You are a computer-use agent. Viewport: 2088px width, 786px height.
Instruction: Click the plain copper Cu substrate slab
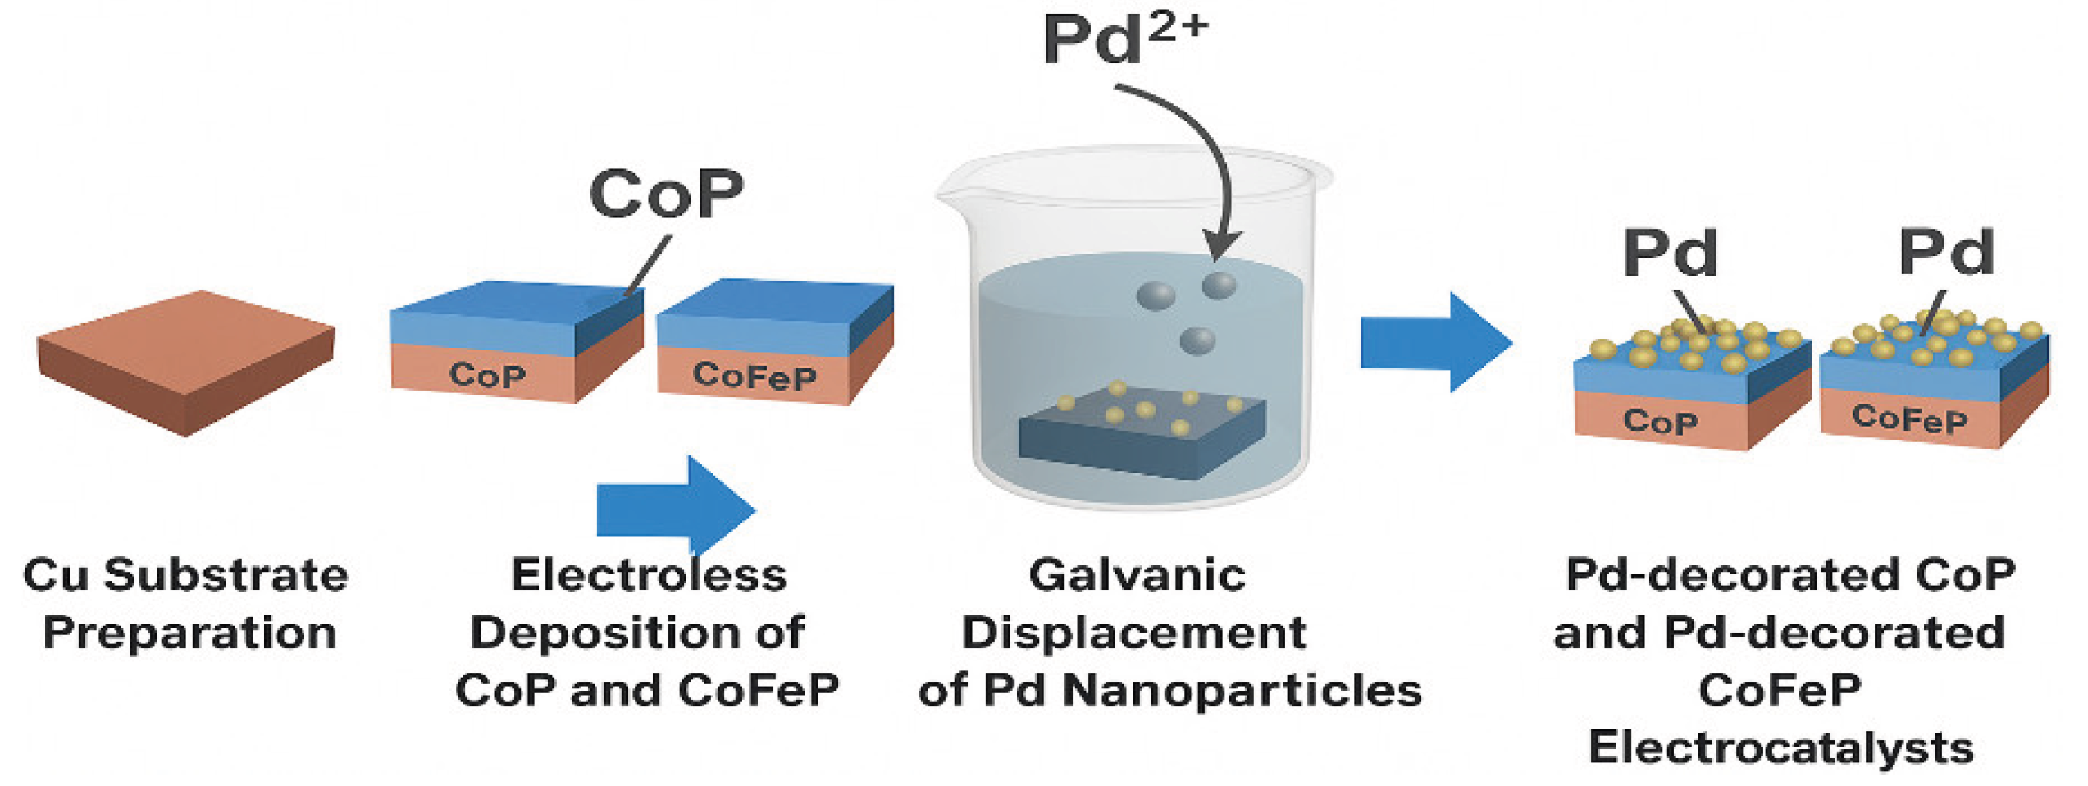[185, 361]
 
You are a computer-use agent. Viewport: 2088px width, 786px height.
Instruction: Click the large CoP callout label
[666, 194]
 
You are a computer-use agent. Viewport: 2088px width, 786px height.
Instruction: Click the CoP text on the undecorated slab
[487, 376]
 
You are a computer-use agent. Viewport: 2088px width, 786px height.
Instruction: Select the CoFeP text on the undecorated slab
[755, 376]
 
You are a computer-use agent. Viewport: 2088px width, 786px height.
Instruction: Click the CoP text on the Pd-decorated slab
[1660, 422]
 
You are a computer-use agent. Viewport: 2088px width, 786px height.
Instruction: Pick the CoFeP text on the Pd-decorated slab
[1909, 418]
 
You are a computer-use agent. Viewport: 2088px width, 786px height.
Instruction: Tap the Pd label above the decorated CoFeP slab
[1947, 253]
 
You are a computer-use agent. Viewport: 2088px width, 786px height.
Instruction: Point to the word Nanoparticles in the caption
[1242, 691]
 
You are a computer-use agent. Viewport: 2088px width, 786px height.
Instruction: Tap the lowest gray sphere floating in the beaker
[1197, 340]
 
